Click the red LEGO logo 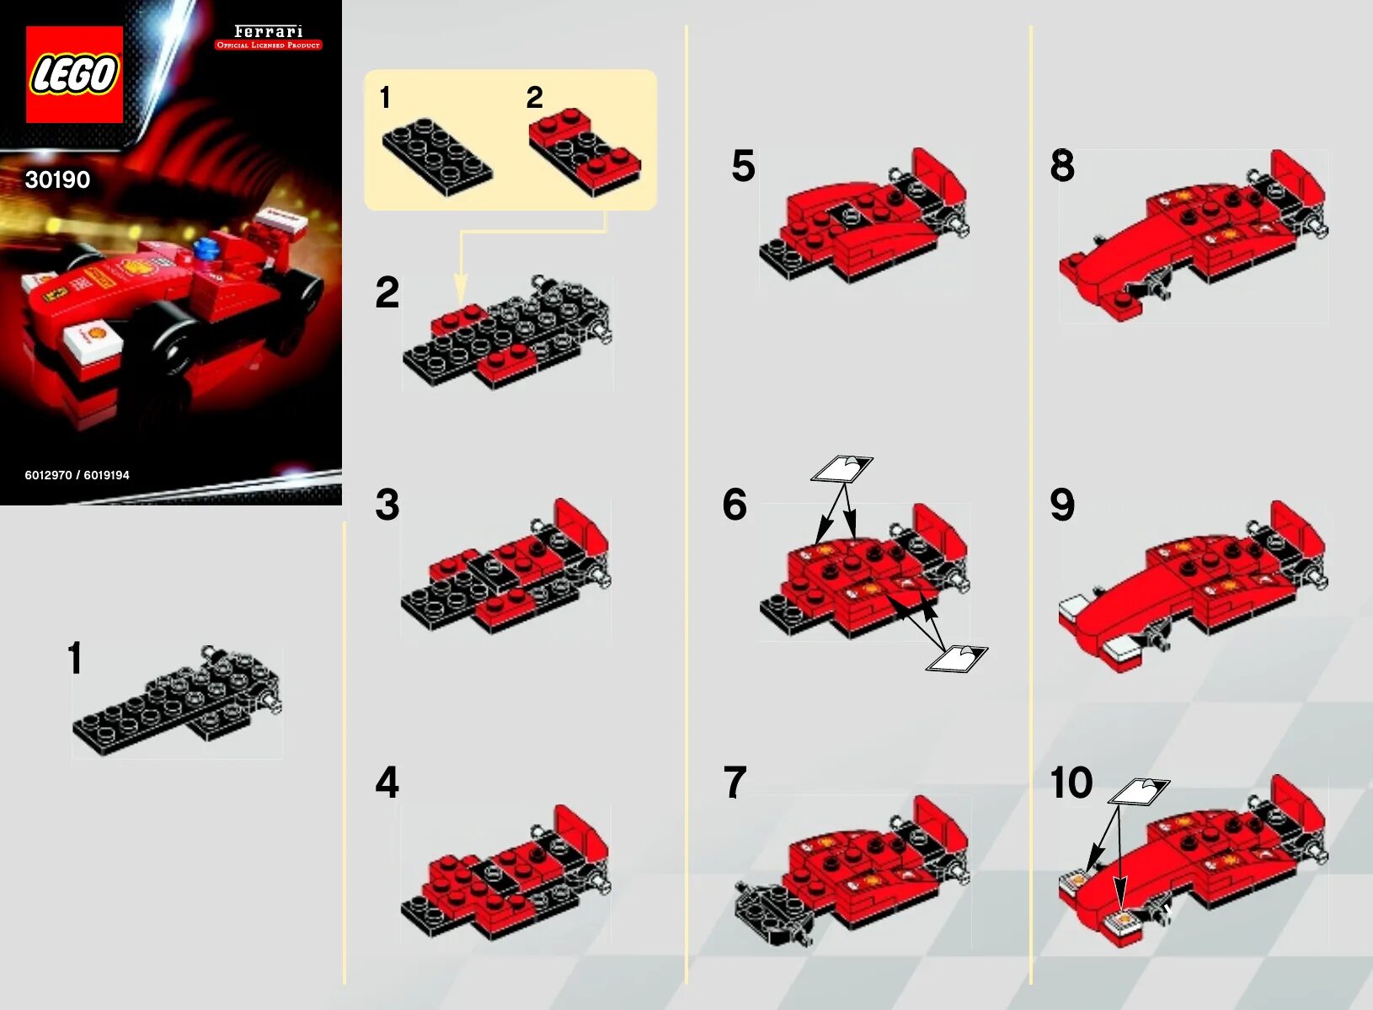(x=74, y=74)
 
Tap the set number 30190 (x=57, y=179)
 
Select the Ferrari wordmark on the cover (x=269, y=31)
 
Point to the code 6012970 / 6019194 (x=77, y=475)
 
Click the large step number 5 (x=743, y=166)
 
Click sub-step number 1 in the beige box (x=385, y=98)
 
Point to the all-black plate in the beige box (x=437, y=157)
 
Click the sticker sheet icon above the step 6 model (x=841, y=469)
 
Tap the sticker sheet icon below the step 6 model (x=956, y=658)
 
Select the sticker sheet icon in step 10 (x=1140, y=791)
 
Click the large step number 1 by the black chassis (x=75, y=658)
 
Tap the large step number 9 (x=1062, y=505)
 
